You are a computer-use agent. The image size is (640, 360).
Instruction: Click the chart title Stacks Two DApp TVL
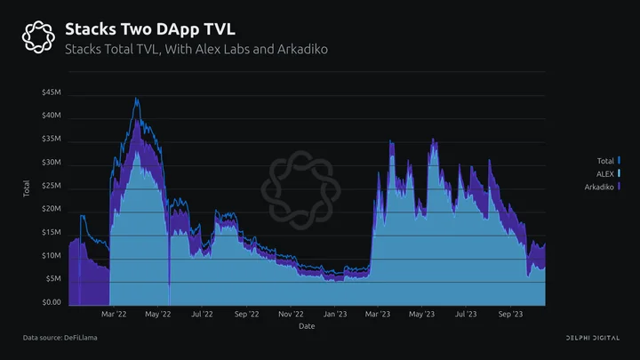coord(150,29)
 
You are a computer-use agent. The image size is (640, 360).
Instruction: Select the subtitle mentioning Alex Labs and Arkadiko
coord(196,49)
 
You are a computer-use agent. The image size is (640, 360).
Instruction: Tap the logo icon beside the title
coord(38,36)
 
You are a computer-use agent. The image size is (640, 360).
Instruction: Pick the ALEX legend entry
coord(608,174)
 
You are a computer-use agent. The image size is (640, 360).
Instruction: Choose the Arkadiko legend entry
coord(603,187)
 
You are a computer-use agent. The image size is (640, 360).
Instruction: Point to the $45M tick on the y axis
coord(52,92)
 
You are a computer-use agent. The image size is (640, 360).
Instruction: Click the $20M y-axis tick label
coord(52,209)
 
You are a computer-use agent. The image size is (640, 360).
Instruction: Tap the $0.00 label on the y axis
coord(52,302)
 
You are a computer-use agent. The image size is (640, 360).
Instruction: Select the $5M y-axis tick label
coord(53,279)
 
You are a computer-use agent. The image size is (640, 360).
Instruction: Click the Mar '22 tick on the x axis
coord(114,314)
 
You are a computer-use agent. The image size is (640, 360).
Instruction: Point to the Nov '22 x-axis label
coord(291,314)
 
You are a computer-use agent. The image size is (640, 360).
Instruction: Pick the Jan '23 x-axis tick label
coord(335,314)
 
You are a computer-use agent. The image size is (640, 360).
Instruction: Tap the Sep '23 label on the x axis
coord(510,314)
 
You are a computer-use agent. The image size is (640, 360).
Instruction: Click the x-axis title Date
coord(307,326)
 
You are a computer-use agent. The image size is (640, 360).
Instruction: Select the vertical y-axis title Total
coord(27,188)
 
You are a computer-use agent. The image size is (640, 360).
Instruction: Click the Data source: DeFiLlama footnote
coord(60,338)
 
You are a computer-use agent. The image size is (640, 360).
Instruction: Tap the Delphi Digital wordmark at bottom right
coord(593,338)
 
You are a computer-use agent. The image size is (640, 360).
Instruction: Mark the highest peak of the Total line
coord(136,98)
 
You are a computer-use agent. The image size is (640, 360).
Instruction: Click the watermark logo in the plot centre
coord(300,190)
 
